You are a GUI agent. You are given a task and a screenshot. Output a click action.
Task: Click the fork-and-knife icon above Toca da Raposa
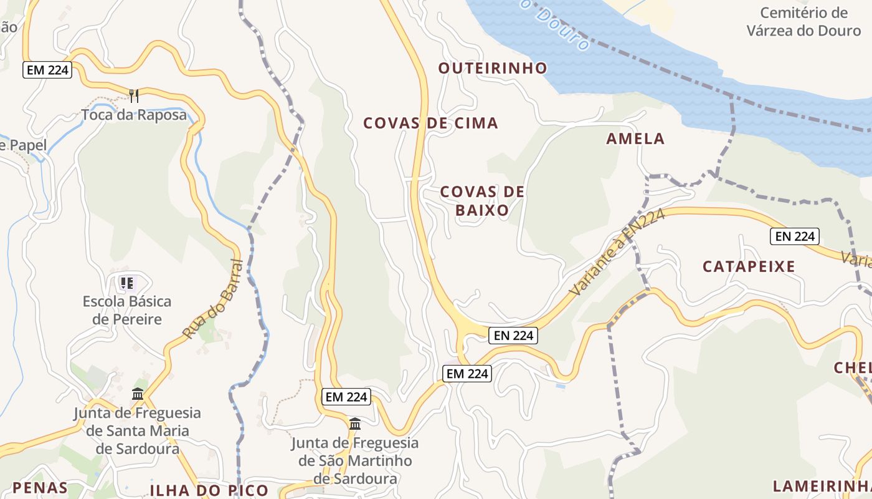click(x=133, y=95)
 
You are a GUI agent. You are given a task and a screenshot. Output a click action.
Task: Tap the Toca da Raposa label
click(x=134, y=115)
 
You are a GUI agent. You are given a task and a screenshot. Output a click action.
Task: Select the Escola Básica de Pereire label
click(x=127, y=311)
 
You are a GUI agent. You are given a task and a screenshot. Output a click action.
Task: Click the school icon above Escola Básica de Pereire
click(x=127, y=284)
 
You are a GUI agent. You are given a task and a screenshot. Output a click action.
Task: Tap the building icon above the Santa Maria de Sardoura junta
click(x=138, y=394)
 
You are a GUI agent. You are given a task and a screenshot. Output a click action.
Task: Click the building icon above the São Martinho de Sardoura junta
click(x=355, y=424)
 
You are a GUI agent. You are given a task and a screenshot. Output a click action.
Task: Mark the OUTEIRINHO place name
click(x=493, y=68)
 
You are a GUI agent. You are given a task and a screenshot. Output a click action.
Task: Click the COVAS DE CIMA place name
click(x=430, y=124)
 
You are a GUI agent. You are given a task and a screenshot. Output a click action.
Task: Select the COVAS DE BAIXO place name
click(x=482, y=201)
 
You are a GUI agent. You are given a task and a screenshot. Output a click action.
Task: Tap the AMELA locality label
click(x=635, y=139)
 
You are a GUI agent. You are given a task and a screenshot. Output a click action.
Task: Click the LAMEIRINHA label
click(x=822, y=487)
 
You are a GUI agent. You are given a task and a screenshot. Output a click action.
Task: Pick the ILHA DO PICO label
click(x=209, y=490)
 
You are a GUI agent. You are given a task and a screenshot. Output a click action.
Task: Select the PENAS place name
click(x=40, y=487)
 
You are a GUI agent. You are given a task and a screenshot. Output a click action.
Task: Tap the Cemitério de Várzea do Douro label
click(x=803, y=21)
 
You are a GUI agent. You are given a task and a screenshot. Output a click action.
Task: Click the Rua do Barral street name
click(x=212, y=299)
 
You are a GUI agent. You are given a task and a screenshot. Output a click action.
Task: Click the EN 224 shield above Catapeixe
click(x=794, y=236)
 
